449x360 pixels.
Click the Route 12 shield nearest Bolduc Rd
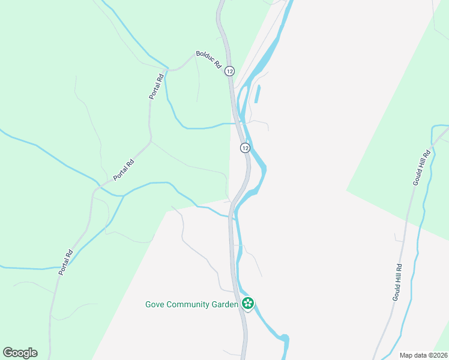pyautogui.click(x=229, y=71)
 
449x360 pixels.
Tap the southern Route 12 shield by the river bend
pyautogui.click(x=245, y=148)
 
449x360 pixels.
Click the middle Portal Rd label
pyautogui.click(x=124, y=170)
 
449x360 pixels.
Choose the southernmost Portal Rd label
pyautogui.click(x=65, y=262)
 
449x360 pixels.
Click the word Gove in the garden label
pyautogui.click(x=155, y=304)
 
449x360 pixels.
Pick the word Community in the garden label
pyautogui.click(x=189, y=304)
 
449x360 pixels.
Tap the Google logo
pyautogui.click(x=20, y=353)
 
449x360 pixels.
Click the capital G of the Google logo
pyautogui.click(x=8, y=352)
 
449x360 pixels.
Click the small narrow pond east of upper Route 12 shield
pyautogui.click(x=258, y=94)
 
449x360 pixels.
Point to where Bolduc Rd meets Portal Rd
pyautogui.click(x=171, y=70)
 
